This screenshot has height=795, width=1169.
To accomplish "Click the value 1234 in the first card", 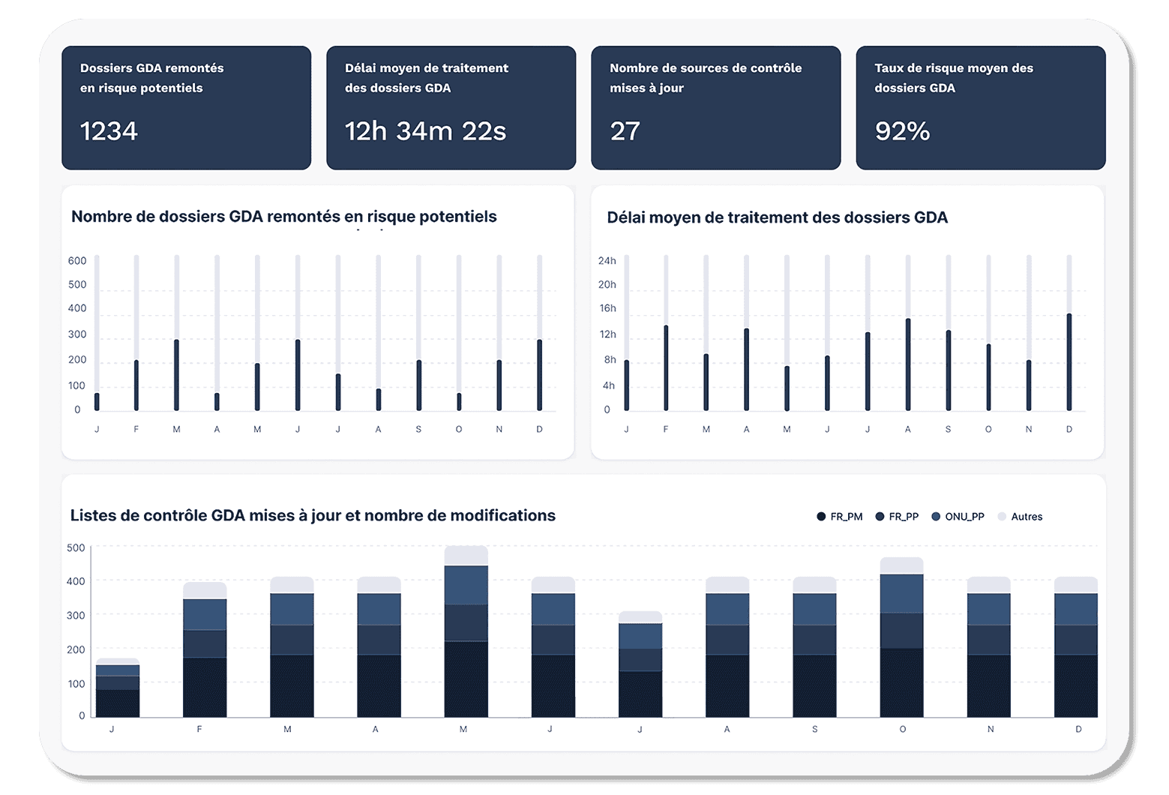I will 109,131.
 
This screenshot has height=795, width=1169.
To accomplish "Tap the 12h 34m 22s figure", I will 425,131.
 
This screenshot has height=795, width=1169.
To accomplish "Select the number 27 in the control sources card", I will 625,131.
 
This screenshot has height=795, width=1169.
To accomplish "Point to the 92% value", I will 902,131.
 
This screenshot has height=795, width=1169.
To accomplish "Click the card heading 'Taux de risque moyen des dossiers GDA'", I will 953,78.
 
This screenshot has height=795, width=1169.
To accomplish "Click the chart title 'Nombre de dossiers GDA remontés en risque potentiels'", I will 283,217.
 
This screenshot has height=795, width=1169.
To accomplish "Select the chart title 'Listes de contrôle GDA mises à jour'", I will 313,515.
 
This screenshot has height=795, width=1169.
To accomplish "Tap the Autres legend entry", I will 1021,517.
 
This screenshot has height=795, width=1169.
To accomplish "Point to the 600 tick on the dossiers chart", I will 77,261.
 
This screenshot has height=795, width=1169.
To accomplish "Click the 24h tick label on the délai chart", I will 607,261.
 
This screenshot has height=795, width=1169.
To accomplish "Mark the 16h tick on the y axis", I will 607,308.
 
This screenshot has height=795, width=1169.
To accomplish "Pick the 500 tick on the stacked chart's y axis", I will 76,547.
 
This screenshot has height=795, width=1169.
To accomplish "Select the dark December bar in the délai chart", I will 1069,362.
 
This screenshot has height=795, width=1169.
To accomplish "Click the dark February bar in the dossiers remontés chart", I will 136,385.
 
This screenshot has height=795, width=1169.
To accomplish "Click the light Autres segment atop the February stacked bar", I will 205,590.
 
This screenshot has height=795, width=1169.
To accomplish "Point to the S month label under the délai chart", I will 948,429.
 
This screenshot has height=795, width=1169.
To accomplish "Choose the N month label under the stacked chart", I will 990,729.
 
